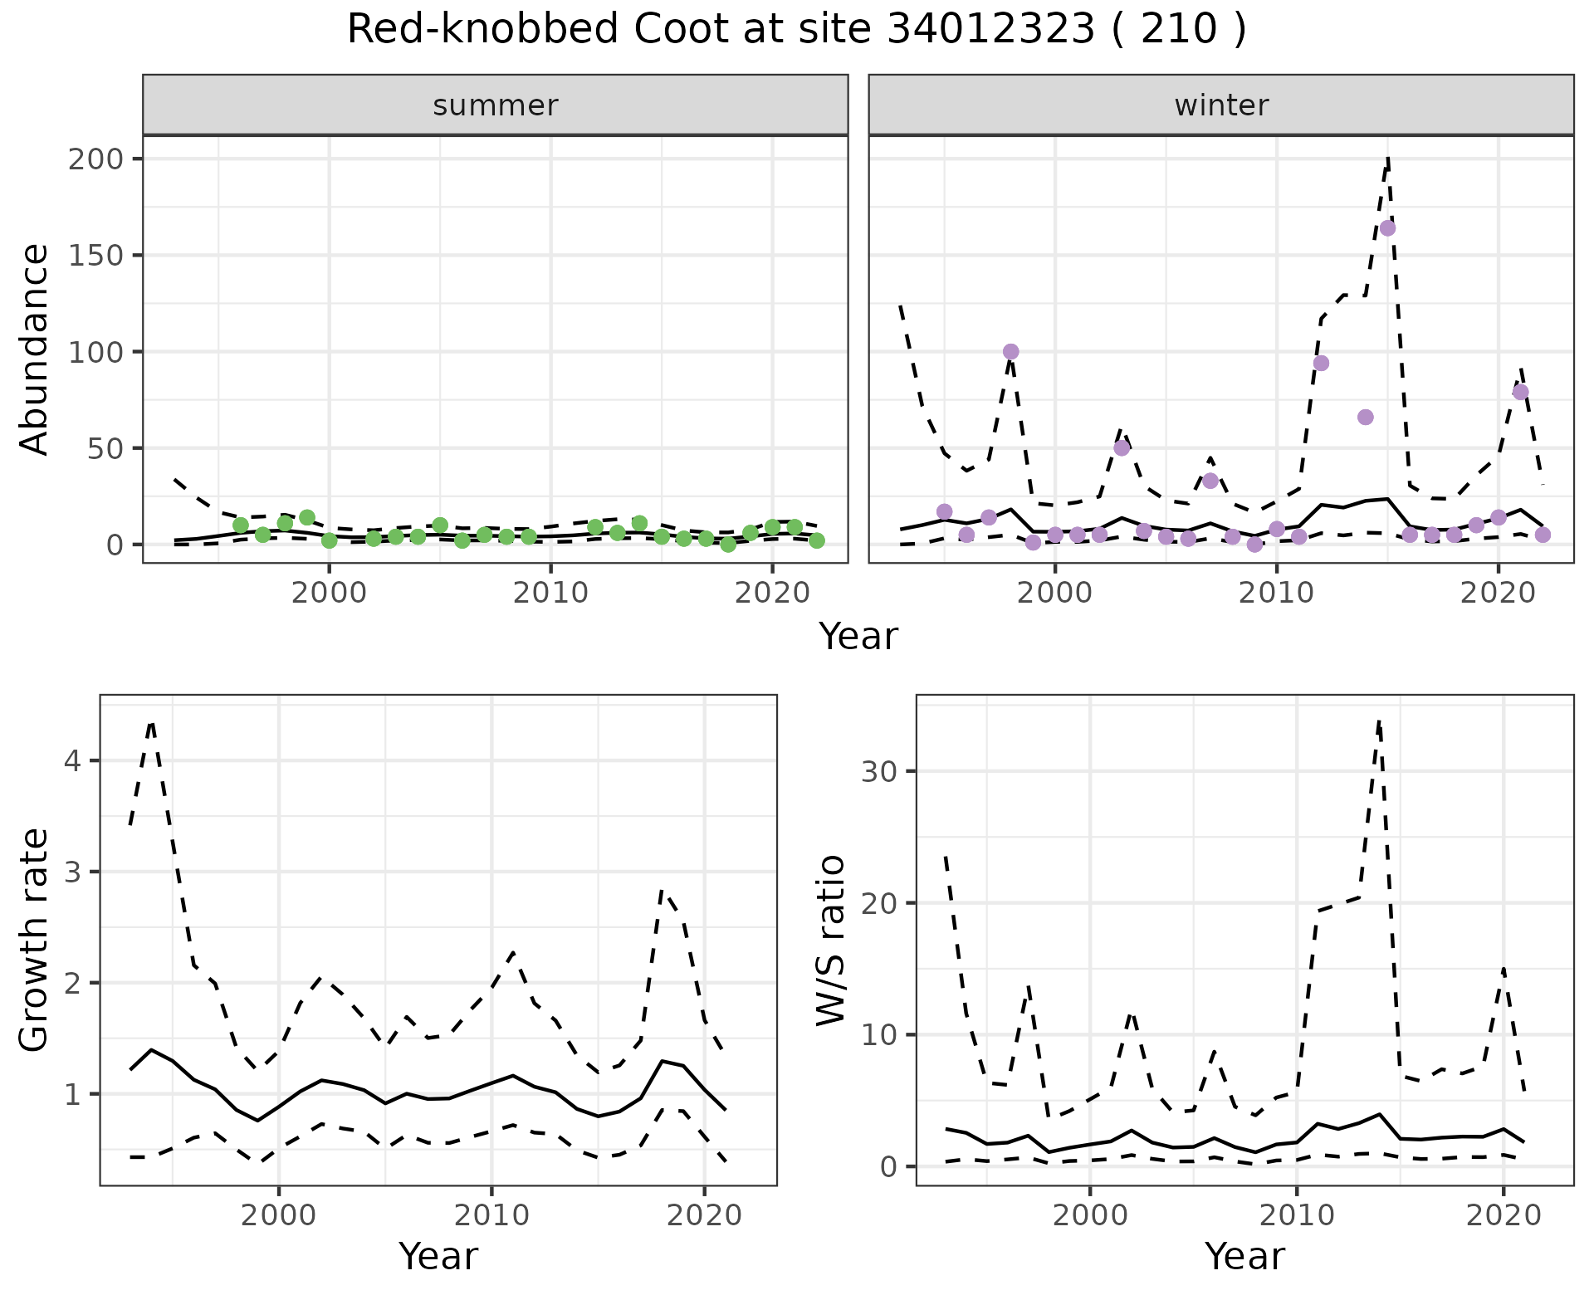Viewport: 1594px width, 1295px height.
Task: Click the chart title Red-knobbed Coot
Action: tap(796, 30)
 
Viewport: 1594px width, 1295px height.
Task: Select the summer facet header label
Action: tap(496, 105)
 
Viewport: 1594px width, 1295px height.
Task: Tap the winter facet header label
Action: tap(1221, 105)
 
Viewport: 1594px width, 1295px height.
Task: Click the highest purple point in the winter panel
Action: tap(1387, 228)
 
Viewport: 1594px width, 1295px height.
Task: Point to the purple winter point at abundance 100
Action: tap(1010, 352)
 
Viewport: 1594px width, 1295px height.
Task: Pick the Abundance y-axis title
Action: tap(35, 349)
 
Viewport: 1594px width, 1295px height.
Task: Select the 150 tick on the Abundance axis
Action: tap(94, 255)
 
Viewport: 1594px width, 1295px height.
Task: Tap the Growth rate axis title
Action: tap(35, 941)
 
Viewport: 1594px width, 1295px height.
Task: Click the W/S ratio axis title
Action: tap(831, 941)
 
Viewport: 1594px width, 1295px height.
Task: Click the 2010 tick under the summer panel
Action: tap(550, 594)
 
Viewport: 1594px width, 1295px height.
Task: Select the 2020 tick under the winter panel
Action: tap(1499, 594)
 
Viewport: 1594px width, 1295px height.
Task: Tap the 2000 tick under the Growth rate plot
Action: tap(279, 1215)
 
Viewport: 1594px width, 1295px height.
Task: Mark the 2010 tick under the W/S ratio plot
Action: tap(1296, 1215)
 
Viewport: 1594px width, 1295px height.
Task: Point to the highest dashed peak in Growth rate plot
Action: tap(151, 723)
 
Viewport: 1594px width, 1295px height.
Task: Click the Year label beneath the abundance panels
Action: tap(858, 637)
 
